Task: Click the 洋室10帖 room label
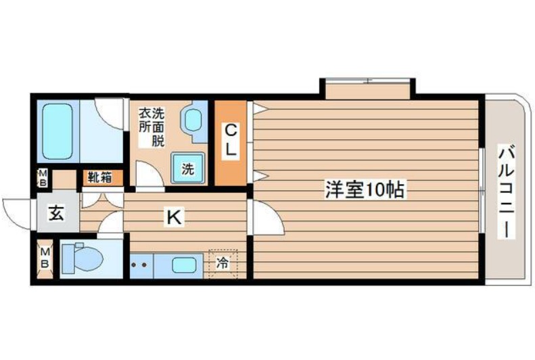[365, 191]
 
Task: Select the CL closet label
[231, 141]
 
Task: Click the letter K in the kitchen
[174, 217]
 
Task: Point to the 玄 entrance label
[56, 215]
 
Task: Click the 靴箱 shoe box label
[100, 178]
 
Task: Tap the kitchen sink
[184, 264]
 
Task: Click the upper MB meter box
[42, 178]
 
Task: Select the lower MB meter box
[45, 259]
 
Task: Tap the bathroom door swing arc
[110, 112]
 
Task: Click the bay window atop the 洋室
[366, 88]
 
